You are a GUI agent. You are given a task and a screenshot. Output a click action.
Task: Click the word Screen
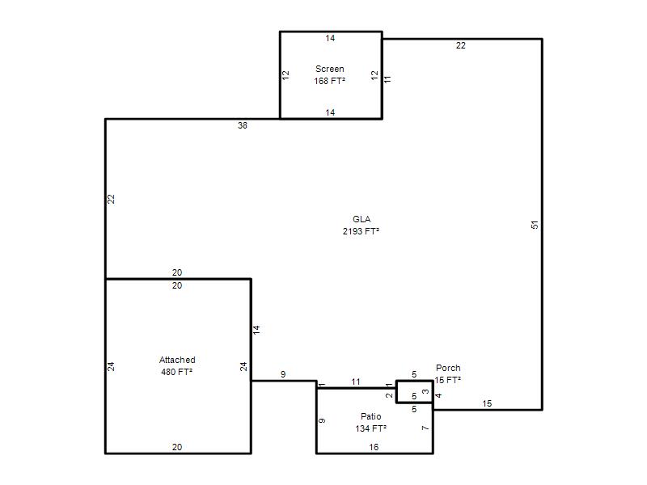330,69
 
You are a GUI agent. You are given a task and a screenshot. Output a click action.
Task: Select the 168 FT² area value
330,81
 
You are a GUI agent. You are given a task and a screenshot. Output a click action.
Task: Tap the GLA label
362,219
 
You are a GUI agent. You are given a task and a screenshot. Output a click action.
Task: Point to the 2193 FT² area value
361,231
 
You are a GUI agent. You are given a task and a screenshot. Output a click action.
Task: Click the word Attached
177,360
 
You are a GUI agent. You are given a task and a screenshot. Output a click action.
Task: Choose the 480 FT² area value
177,372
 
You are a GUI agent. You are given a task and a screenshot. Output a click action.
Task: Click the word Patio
371,416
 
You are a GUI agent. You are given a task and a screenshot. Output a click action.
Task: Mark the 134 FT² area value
371,428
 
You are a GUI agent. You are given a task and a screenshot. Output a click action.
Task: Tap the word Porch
448,368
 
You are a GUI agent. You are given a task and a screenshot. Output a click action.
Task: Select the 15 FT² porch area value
448,380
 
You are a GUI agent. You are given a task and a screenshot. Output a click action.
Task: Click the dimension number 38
242,125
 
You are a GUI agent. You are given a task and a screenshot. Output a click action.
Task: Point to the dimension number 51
535,225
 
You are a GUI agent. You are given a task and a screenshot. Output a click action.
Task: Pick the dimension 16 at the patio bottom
374,447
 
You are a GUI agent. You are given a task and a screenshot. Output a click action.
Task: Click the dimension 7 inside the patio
425,428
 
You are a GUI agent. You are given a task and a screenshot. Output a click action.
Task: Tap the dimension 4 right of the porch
438,395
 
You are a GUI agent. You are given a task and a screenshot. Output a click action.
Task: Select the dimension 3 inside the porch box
425,391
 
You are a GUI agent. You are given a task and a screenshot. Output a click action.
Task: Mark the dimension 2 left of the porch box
389,395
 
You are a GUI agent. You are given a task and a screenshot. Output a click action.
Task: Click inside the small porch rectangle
414,391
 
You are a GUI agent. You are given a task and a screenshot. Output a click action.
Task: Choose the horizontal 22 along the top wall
460,45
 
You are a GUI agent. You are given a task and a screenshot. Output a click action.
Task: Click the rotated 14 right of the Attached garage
256,330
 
